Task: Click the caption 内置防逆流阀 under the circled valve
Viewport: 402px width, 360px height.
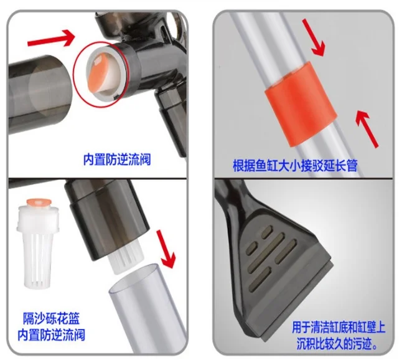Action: (117, 159)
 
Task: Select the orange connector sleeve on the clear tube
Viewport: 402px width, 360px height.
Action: (301, 104)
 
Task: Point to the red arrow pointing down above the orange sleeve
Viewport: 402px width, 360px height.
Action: (313, 37)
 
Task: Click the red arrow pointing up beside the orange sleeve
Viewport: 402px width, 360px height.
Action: (367, 128)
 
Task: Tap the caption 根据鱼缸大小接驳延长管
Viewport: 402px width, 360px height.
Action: (295, 166)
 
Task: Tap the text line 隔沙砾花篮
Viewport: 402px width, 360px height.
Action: (51, 318)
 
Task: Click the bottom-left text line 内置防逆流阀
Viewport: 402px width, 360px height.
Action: (51, 335)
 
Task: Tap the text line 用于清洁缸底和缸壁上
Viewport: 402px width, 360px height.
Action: (339, 328)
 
